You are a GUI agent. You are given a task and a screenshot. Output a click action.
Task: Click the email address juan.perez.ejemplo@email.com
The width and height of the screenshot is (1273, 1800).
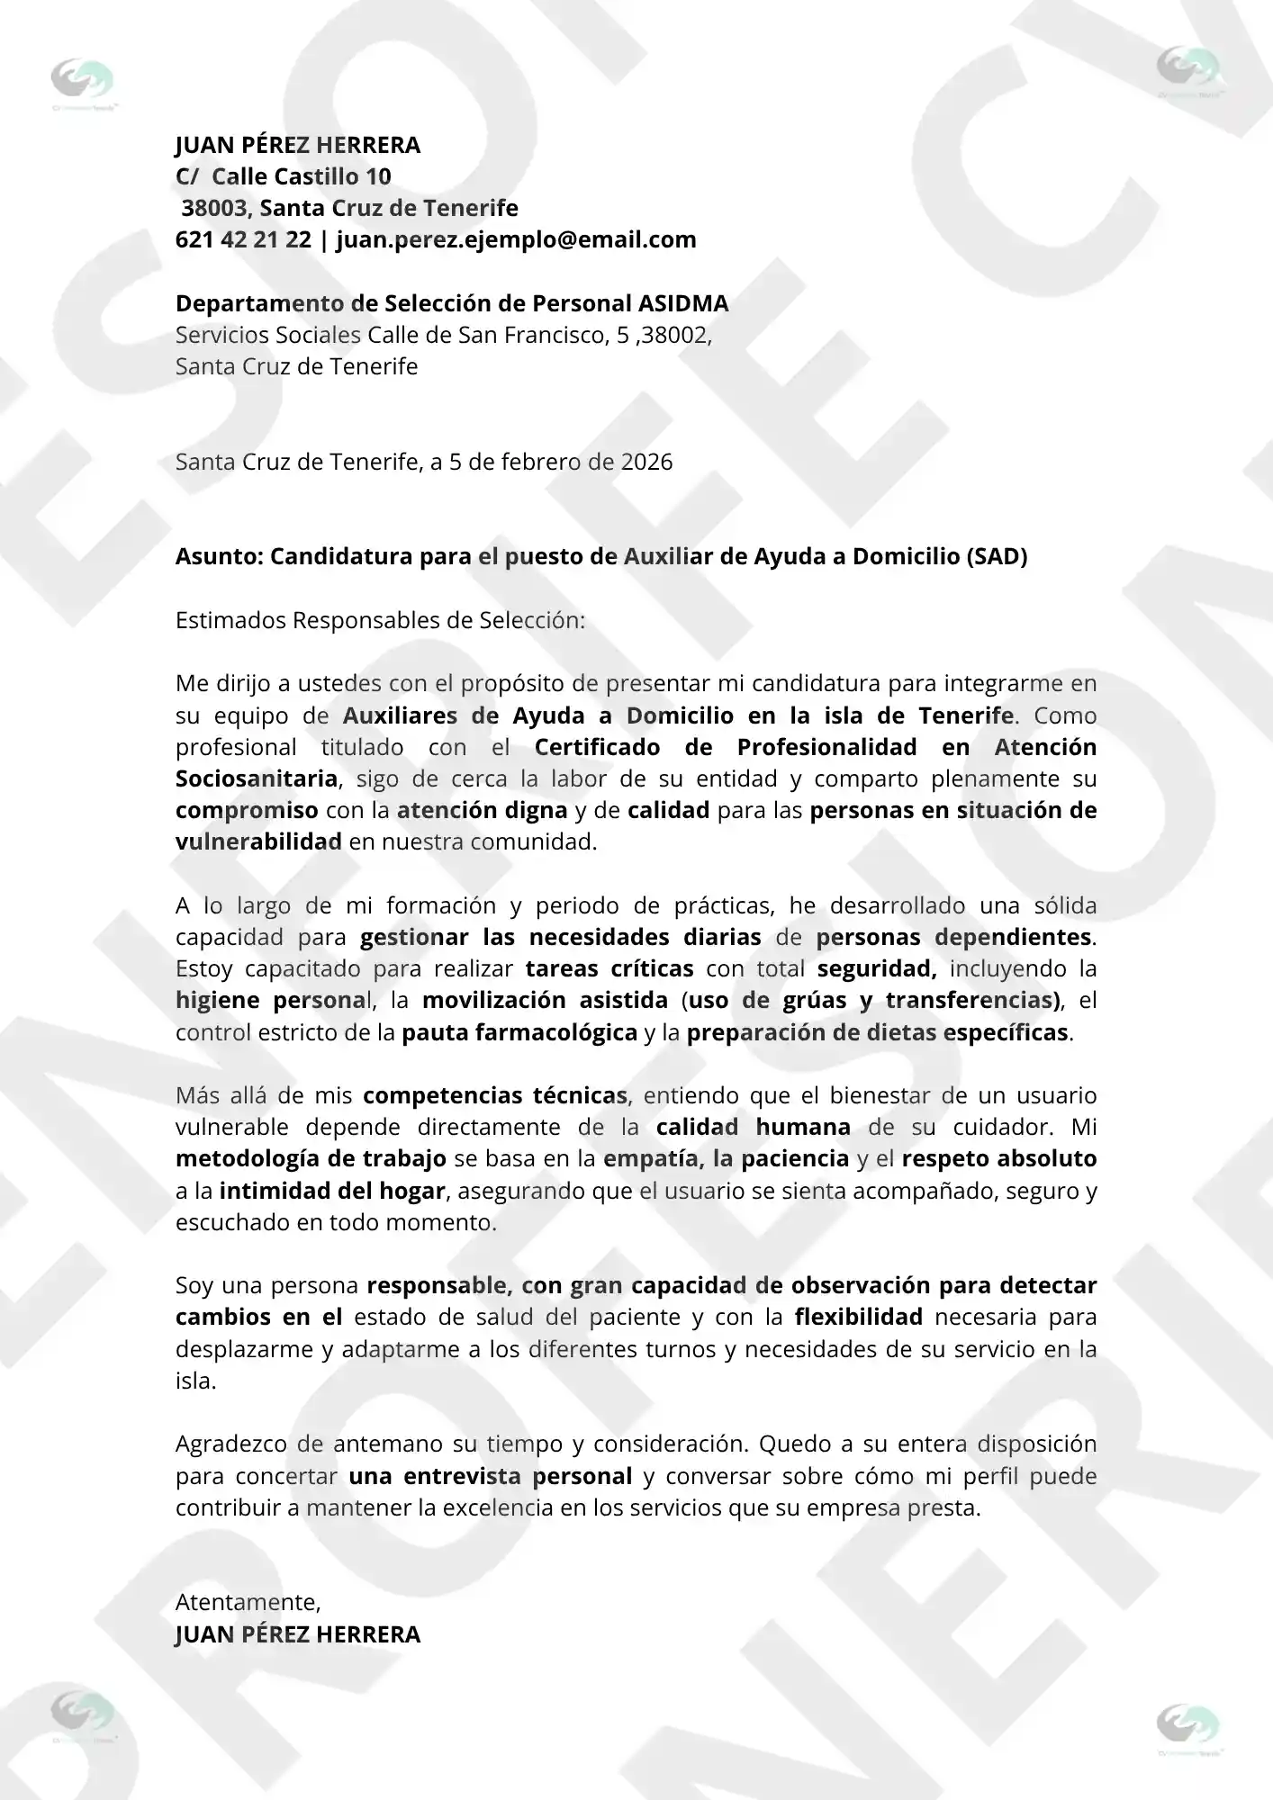[x=516, y=239]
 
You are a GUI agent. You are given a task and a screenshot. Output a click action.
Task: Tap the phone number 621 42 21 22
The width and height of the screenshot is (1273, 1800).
[x=243, y=239]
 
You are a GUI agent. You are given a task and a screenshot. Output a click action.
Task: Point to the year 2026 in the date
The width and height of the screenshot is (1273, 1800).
[x=646, y=462]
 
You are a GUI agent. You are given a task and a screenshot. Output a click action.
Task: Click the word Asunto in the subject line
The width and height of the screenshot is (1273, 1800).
[x=217, y=556]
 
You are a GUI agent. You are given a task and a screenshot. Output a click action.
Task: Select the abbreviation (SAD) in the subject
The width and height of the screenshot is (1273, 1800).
[x=997, y=556]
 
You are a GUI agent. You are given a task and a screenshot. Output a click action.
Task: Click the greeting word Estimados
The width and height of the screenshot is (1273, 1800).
[x=231, y=620]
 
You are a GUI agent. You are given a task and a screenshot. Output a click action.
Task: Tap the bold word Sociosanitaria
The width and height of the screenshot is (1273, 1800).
[x=257, y=778]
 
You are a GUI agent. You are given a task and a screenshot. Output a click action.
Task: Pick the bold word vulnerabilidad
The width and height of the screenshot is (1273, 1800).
[x=258, y=841]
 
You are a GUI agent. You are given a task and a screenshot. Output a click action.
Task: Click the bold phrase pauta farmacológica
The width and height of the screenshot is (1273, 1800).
[x=519, y=1032]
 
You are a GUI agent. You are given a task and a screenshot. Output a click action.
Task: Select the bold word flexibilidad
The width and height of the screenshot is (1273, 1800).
[x=858, y=1317]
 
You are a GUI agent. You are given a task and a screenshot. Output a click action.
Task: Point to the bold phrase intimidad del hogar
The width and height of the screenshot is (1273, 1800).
[x=332, y=1191]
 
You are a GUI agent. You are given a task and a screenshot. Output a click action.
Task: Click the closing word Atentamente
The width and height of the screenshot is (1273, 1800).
[x=248, y=1602]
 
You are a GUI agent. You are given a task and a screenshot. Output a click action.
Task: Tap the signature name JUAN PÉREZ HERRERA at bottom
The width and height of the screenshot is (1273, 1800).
[x=298, y=1634]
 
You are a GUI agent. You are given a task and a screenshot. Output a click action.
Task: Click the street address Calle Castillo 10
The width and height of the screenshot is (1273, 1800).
[x=301, y=176]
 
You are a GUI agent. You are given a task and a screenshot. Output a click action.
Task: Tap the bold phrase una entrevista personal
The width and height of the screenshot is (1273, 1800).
[x=491, y=1476]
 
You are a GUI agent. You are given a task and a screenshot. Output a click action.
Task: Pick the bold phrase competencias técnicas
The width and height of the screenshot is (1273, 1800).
[x=495, y=1095]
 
